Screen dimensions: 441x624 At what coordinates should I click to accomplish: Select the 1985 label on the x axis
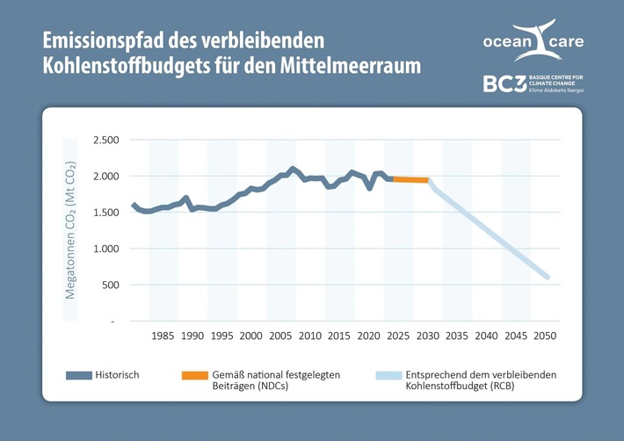(x=163, y=336)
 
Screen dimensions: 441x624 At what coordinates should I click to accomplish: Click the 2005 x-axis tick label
(x=281, y=336)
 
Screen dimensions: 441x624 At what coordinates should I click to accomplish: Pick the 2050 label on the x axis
(x=546, y=336)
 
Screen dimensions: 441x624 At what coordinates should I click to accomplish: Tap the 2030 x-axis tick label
(x=428, y=336)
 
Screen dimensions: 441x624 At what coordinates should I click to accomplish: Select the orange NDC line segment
(x=410, y=179)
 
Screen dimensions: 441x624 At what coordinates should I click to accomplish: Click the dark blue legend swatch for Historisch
(x=79, y=375)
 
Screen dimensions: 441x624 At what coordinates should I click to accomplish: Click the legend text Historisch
(x=118, y=375)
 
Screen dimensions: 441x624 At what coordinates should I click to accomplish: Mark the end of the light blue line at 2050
(x=548, y=278)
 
